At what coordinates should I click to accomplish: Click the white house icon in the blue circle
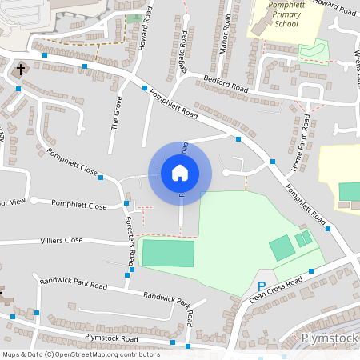coord(179,172)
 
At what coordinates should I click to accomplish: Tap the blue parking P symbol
coord(261,286)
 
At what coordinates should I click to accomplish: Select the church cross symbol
coord(21,70)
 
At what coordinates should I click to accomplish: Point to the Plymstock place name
coord(330,338)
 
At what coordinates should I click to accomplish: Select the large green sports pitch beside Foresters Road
coord(167,254)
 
